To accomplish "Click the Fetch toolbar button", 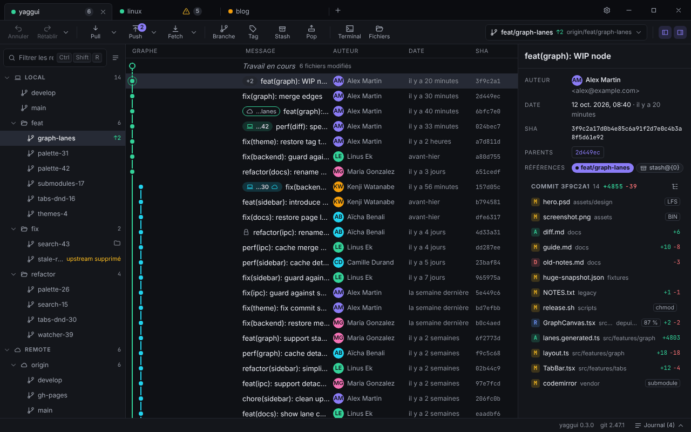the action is pyautogui.click(x=175, y=32).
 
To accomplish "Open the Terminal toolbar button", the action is pyautogui.click(x=349, y=32).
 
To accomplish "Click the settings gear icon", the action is pyautogui.click(x=606, y=10).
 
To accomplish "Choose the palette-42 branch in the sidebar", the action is pyautogui.click(x=53, y=168).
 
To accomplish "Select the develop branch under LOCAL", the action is pyautogui.click(x=43, y=92).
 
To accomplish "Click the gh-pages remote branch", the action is pyautogui.click(x=52, y=395).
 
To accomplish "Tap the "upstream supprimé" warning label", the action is pyautogui.click(x=93, y=259).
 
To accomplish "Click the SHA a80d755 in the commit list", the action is pyautogui.click(x=487, y=157).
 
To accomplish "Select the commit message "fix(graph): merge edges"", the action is pyautogui.click(x=282, y=96).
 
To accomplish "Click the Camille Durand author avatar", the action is pyautogui.click(x=338, y=262).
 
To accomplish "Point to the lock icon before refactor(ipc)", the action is pyautogui.click(x=246, y=232).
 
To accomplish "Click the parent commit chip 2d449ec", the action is pyautogui.click(x=587, y=152).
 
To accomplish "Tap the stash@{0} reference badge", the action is pyautogui.click(x=660, y=167).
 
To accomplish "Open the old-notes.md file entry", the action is pyautogui.click(x=563, y=262).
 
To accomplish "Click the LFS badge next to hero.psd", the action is pyautogui.click(x=672, y=202).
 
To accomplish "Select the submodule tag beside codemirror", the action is pyautogui.click(x=662, y=383).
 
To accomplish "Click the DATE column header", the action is pyautogui.click(x=416, y=51).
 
